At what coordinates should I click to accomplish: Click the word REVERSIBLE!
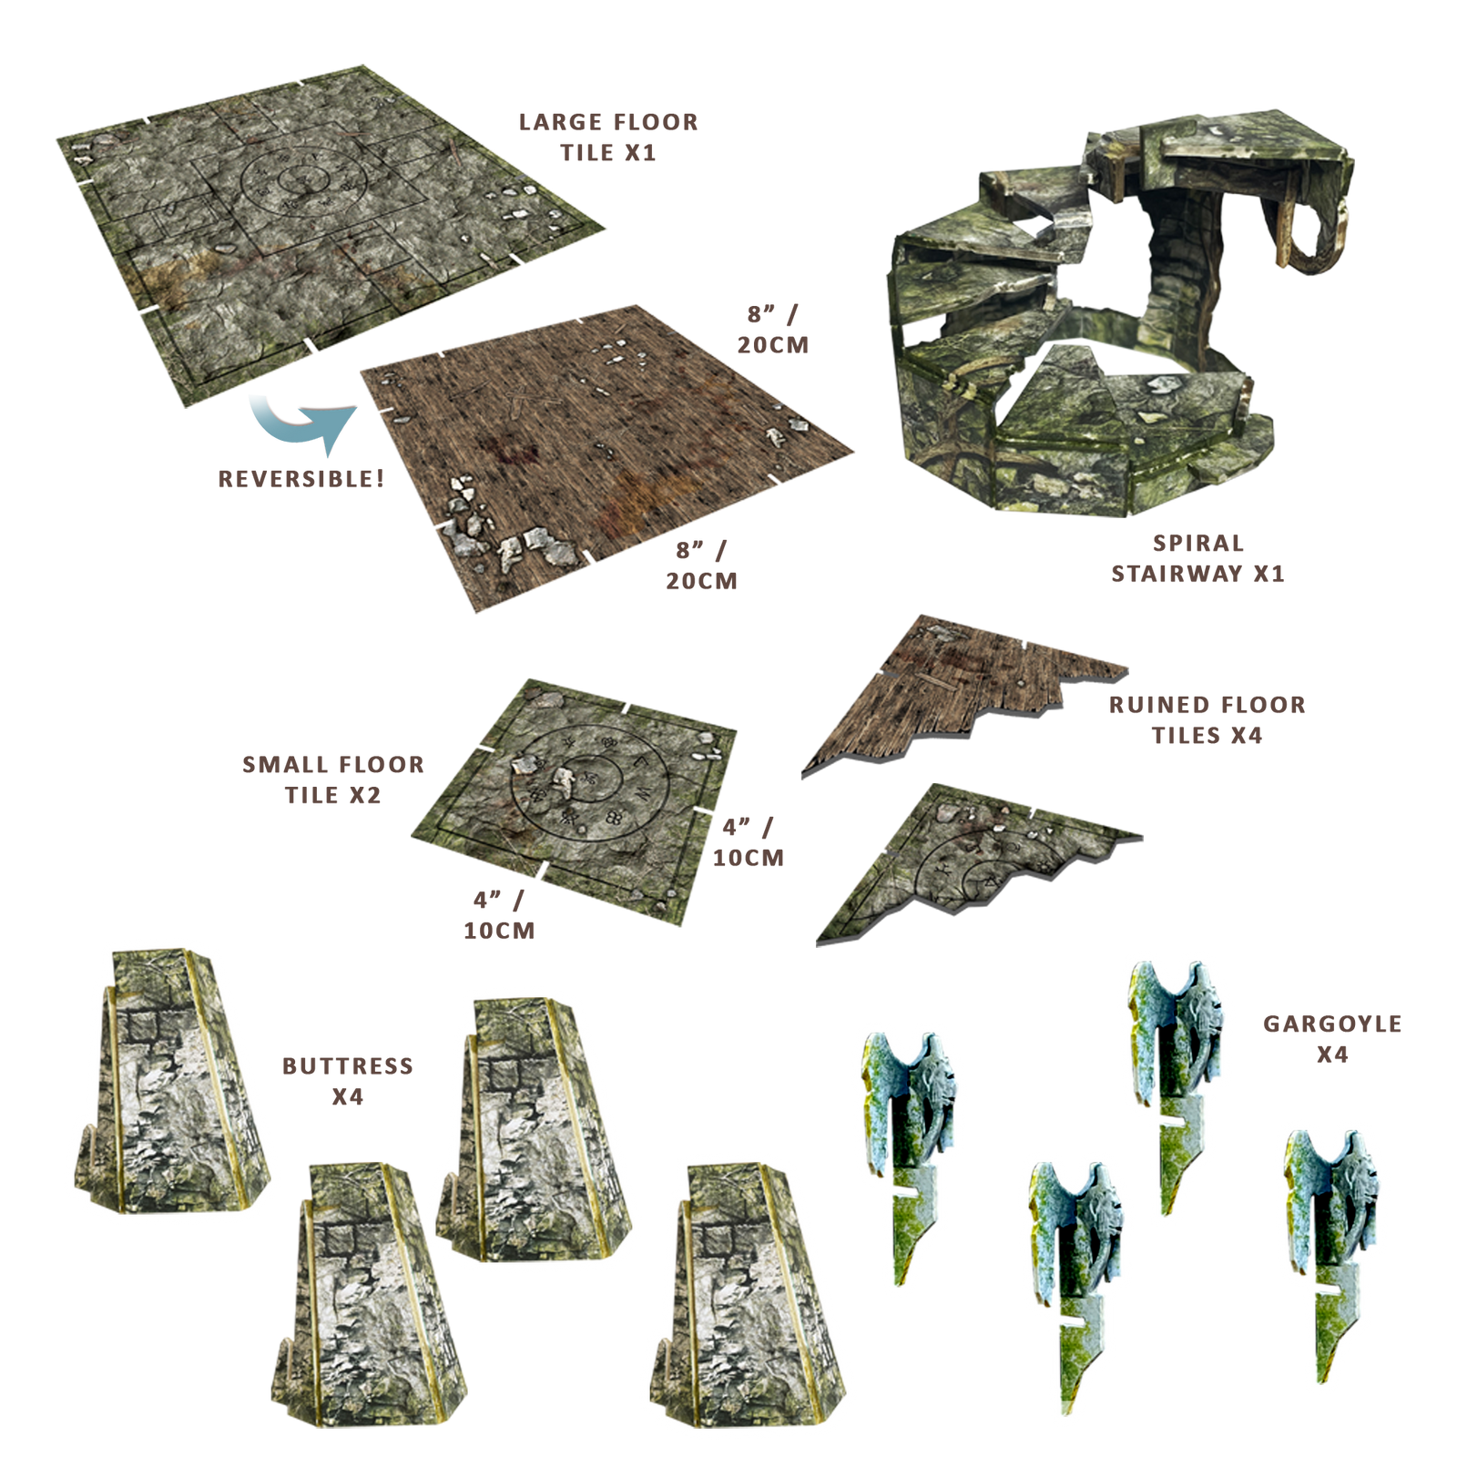301,479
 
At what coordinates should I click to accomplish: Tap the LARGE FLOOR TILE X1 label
608,137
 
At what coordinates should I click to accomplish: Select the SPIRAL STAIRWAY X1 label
1197,558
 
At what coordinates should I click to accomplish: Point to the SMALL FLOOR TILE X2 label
333,779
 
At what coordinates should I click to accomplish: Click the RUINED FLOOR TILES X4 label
1207,719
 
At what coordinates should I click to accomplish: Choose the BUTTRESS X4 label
348,1081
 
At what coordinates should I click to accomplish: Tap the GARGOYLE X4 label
1332,1039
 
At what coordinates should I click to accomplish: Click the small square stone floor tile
574,801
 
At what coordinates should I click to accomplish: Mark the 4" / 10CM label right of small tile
749,842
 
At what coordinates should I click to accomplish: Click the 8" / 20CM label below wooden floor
701,565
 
